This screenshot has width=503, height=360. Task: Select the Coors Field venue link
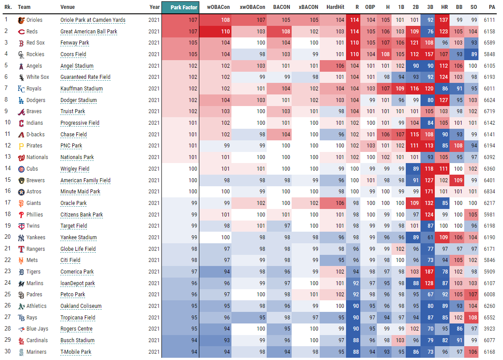point(73,54)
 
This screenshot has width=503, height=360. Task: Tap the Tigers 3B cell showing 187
point(429,272)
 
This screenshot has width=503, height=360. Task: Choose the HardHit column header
point(335,7)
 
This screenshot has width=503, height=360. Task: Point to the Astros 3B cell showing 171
point(429,192)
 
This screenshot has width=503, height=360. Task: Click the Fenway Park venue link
point(74,43)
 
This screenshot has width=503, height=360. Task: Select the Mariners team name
point(36,352)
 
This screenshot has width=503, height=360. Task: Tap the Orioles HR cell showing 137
point(444,20)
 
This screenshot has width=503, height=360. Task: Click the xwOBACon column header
point(252,7)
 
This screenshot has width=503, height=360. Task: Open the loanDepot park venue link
point(78,283)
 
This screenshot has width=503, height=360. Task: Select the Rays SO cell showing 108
point(472,318)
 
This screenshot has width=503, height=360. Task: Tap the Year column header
point(154,7)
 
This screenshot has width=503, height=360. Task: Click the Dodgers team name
point(36,100)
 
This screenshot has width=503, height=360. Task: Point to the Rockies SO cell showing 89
point(472,54)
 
